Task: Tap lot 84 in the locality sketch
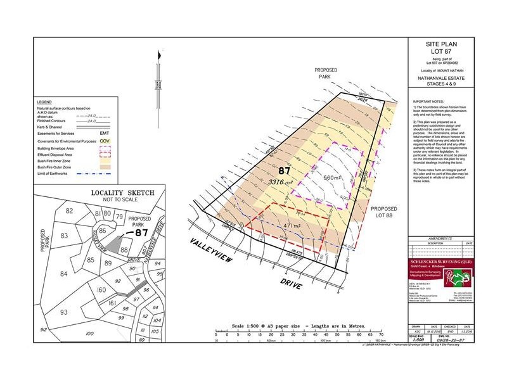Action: tap(63, 274)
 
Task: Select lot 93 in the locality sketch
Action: tap(64, 312)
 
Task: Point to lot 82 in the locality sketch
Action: tap(70, 211)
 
